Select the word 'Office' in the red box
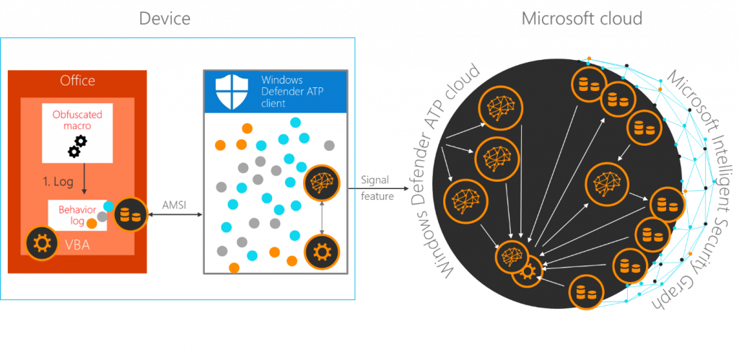pyautogui.click(x=77, y=81)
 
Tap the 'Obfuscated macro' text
pyautogui.click(x=77, y=121)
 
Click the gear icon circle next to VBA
pyautogui.click(x=40, y=244)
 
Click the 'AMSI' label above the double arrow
pyautogui.click(x=174, y=205)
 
